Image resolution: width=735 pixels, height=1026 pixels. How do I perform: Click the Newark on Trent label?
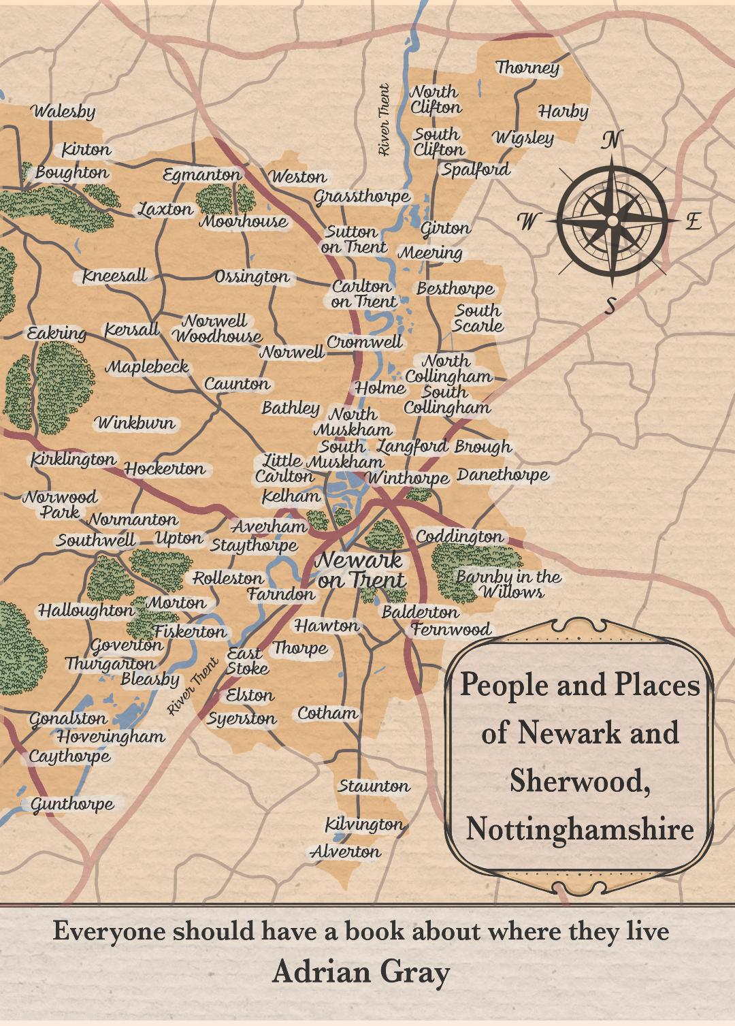coord(361,570)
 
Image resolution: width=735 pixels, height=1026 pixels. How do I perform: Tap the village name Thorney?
coord(527,67)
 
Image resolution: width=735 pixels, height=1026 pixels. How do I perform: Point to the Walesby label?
coord(63,111)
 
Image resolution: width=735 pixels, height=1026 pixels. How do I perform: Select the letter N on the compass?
coord(611,140)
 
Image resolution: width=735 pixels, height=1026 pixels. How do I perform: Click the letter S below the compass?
coord(610,306)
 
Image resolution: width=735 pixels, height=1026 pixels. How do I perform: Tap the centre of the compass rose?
coord(612,221)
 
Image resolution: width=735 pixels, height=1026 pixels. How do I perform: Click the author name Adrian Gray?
coord(361,973)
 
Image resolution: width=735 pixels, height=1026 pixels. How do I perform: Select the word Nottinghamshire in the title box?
coord(580,829)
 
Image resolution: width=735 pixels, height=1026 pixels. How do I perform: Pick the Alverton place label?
coord(346,852)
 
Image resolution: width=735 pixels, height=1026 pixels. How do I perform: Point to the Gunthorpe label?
coord(73,804)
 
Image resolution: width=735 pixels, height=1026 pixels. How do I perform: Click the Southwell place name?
coord(96,541)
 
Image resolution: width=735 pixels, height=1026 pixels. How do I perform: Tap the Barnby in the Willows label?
coord(509,584)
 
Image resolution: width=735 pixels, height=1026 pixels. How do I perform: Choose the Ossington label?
coord(252,277)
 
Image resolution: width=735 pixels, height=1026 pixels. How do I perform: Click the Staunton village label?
coord(374,786)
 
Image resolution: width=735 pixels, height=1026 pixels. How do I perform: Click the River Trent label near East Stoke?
coord(193,686)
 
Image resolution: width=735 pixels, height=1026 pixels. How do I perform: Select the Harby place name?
coord(563,111)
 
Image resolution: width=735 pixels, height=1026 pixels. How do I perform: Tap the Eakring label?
coord(56,334)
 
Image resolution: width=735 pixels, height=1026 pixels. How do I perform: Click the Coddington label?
coord(459,536)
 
